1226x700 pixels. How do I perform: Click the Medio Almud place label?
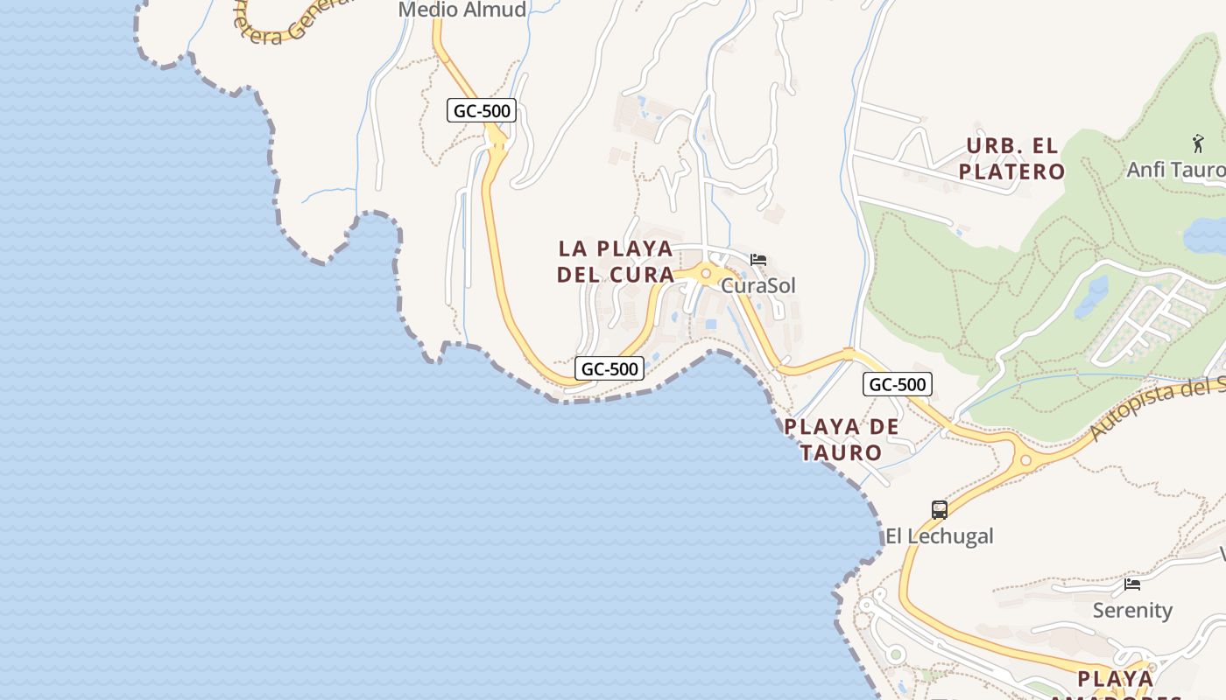click(462, 10)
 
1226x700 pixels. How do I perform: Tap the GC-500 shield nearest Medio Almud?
click(482, 111)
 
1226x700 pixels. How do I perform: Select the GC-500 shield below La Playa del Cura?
click(609, 369)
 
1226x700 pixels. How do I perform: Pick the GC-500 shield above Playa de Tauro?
click(898, 384)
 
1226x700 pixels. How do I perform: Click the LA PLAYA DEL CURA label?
click(616, 261)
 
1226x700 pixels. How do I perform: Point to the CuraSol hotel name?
click(758, 285)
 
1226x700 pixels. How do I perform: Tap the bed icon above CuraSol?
click(758, 260)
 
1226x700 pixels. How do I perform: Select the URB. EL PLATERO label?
click(1011, 158)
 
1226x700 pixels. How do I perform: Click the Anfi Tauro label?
click(1176, 169)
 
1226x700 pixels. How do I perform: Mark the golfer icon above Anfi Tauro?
click(1198, 143)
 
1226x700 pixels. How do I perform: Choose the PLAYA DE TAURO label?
click(842, 439)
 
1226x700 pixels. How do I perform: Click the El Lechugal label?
click(939, 535)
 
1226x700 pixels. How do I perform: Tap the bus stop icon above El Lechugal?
click(939, 509)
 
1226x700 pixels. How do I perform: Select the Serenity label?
click(1132, 610)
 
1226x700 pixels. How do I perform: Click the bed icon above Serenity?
click(1132, 584)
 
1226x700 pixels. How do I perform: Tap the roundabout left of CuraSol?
click(706, 274)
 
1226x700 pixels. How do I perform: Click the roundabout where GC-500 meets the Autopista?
click(1026, 459)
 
